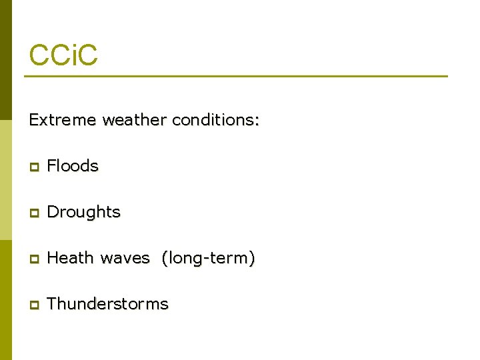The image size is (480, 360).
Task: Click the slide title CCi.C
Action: pyautogui.click(x=63, y=55)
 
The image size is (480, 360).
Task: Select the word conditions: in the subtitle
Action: pyautogui.click(x=215, y=121)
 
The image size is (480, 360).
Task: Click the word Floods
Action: pyautogui.click(x=73, y=166)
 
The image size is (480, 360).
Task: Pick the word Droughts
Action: pyautogui.click(x=84, y=212)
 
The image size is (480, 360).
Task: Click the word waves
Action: pyautogui.click(x=125, y=258)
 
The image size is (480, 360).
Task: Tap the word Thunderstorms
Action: pyautogui.click(x=108, y=304)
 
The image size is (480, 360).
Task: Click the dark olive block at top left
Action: pyautogui.click(x=5, y=60)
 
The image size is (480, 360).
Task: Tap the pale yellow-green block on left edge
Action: pyautogui.click(x=5, y=180)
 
